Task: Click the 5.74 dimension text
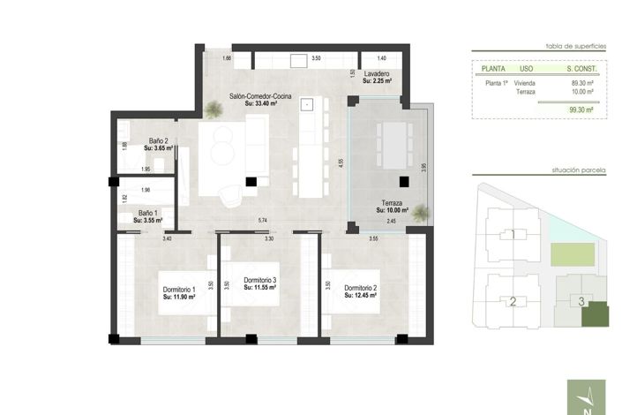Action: coord(262,220)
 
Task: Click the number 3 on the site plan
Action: coord(581,301)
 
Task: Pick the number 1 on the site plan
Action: coord(513,235)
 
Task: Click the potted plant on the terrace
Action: coord(421,213)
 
